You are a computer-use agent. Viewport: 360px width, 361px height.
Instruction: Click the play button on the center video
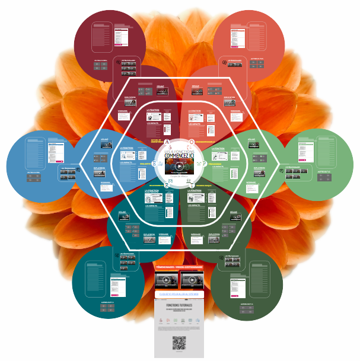(180, 166)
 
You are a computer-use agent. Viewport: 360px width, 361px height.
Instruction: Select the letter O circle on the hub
(191, 142)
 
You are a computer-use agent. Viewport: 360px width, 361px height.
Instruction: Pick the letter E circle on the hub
(155, 163)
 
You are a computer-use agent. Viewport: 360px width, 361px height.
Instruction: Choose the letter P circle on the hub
(205, 163)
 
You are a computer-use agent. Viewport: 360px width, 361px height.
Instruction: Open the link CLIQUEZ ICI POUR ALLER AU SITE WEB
(179, 293)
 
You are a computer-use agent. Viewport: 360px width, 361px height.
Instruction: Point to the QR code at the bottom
(179, 343)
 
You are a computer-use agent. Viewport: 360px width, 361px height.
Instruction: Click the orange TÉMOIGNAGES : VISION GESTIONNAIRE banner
(179, 267)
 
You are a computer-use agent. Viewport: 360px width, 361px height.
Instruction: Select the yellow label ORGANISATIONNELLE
(211, 142)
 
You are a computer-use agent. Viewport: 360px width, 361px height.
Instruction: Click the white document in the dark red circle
(122, 36)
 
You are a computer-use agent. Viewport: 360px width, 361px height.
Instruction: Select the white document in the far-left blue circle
(55, 152)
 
